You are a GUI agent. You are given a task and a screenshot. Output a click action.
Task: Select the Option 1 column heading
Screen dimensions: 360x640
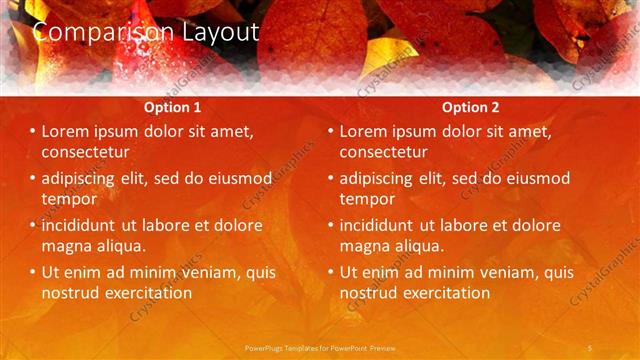tap(173, 107)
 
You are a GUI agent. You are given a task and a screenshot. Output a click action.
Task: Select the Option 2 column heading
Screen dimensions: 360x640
tap(471, 107)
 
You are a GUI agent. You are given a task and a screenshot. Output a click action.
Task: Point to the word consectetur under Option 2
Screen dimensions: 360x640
tap(384, 152)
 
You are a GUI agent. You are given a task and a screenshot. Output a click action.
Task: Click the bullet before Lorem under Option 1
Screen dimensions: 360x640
tap(32, 131)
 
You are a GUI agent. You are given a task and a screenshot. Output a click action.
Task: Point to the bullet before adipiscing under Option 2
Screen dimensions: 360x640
tap(330, 178)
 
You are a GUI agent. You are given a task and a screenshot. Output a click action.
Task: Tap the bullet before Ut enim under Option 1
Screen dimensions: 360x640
tap(32, 272)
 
